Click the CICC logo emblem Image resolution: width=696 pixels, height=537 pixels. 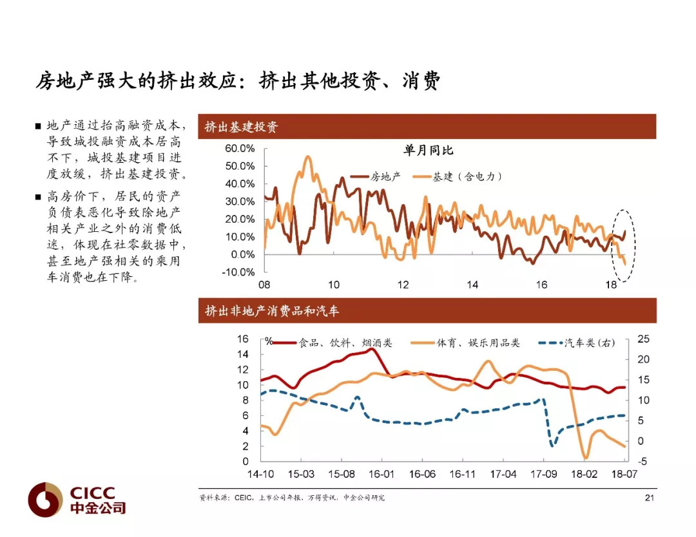click(x=45, y=500)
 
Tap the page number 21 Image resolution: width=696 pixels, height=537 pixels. click(x=650, y=498)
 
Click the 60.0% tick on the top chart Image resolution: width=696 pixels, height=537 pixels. click(x=240, y=149)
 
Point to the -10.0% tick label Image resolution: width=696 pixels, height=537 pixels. click(x=238, y=272)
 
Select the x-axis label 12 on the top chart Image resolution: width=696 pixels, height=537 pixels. click(x=403, y=285)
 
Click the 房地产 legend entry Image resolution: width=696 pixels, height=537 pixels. click(x=376, y=176)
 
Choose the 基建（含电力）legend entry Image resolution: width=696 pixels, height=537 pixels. click(x=458, y=176)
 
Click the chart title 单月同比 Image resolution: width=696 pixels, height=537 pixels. click(x=429, y=150)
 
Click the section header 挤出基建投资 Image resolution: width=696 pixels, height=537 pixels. click(x=242, y=127)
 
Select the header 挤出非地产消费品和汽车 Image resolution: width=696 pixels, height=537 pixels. click(x=272, y=311)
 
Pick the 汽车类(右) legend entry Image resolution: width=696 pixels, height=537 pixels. click(x=577, y=343)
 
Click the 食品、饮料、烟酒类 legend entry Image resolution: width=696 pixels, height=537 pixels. click(x=332, y=343)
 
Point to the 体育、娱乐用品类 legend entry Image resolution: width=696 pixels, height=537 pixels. click(x=465, y=343)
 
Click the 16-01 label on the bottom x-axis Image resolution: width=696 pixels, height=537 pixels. click(x=382, y=474)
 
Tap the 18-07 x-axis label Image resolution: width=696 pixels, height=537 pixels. click(x=624, y=474)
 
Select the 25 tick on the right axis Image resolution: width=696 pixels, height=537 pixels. click(x=643, y=339)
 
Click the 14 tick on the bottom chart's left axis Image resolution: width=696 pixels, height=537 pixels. click(x=243, y=354)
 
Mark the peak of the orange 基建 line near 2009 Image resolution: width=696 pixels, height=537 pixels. click(x=307, y=156)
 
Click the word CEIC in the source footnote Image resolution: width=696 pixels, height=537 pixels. click(x=243, y=498)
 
